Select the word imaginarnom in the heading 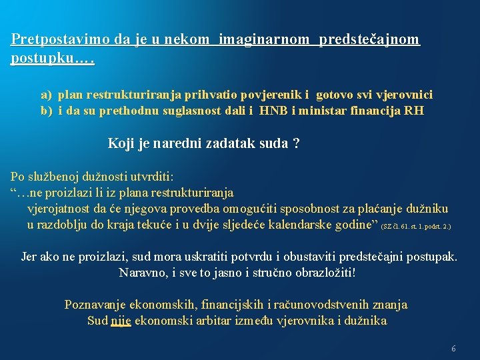[264, 39]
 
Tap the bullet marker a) [46, 95]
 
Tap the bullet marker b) [46, 111]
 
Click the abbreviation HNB [255, 111]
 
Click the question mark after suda [296, 143]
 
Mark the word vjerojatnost [61, 209]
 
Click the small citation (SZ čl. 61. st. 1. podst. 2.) [415, 227]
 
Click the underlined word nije [121, 321]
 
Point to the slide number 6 [454, 349]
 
